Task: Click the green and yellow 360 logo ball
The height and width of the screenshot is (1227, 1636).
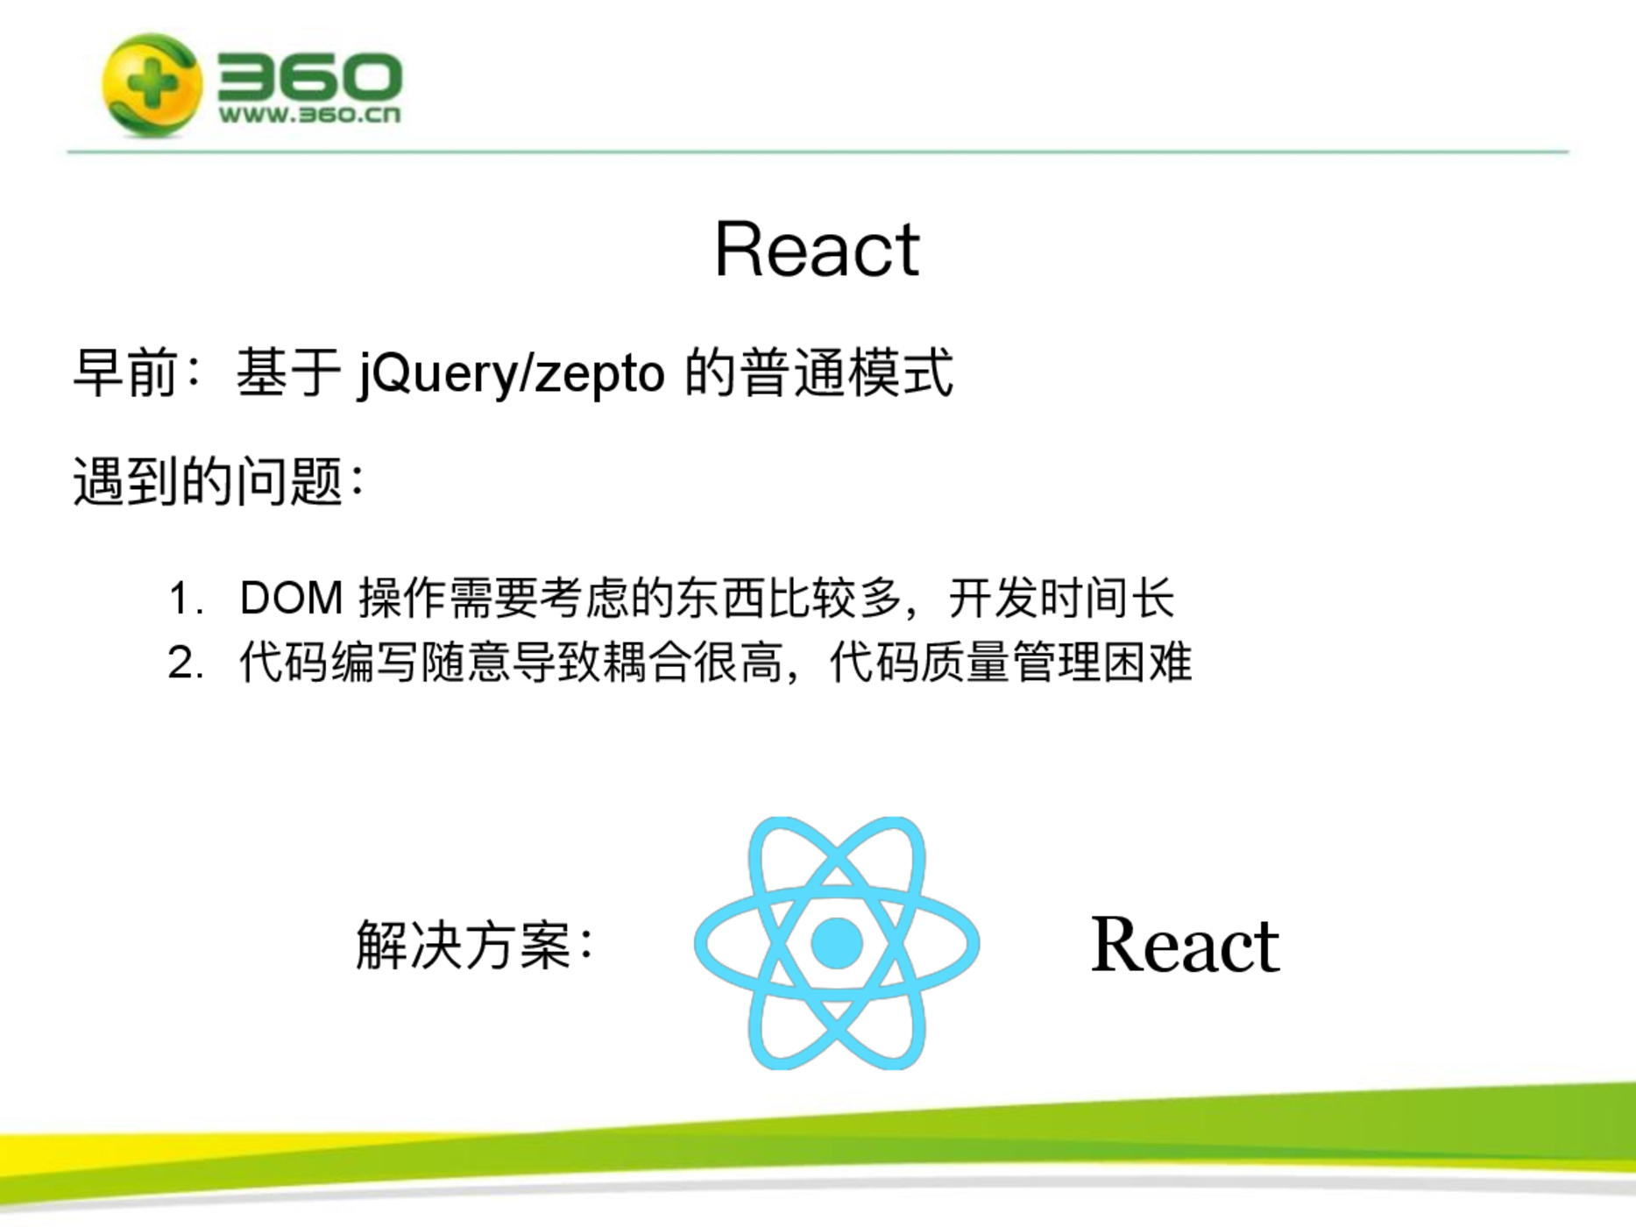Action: coord(152,85)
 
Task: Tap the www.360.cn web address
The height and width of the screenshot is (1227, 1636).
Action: coord(309,115)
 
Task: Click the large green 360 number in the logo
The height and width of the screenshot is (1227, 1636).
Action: coord(309,75)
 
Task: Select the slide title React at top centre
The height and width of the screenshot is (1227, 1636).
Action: coord(817,250)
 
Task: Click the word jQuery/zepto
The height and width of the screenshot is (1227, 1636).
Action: coord(512,374)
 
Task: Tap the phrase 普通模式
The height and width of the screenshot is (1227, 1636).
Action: coord(846,373)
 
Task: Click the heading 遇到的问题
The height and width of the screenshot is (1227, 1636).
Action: coord(208,481)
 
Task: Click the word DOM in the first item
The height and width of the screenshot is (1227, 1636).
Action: coord(292,599)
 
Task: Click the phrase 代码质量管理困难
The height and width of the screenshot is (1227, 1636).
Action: coord(1010,663)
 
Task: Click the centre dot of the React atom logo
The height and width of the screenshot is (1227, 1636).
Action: coord(837,943)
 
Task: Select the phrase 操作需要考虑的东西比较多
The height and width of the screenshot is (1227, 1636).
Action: coord(630,599)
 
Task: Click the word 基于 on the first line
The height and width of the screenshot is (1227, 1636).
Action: coord(288,373)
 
